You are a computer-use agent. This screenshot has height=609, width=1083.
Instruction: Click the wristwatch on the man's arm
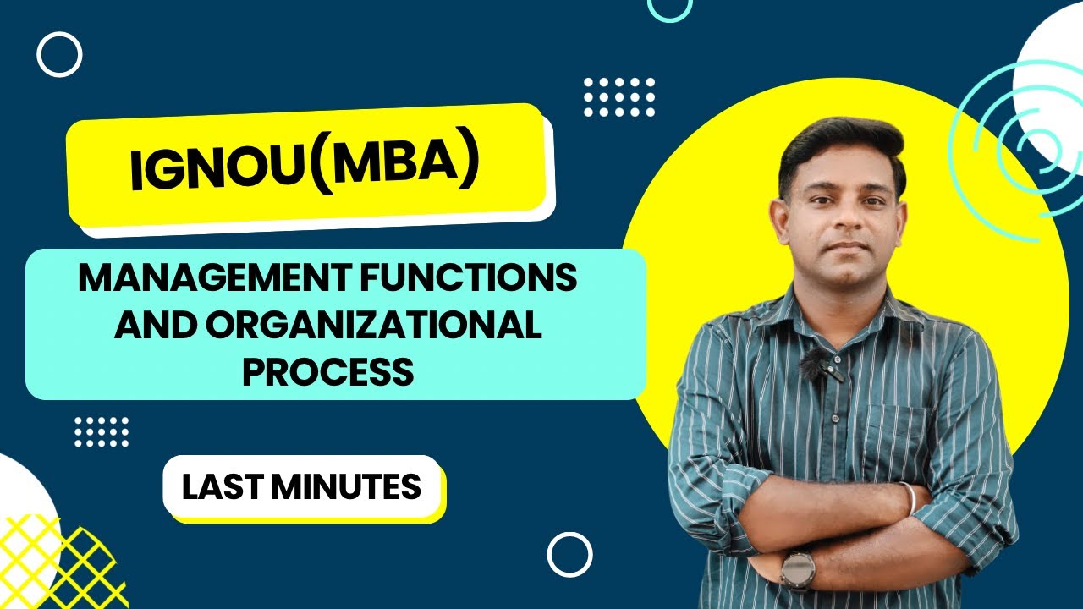coord(797,569)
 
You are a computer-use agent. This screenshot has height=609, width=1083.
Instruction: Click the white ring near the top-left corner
coord(59,55)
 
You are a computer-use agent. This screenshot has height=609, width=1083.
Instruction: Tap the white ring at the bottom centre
coord(569,555)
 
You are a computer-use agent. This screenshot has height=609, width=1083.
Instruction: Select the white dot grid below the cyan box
coord(102,431)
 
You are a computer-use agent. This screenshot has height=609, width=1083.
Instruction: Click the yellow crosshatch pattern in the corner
coord(59,562)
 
